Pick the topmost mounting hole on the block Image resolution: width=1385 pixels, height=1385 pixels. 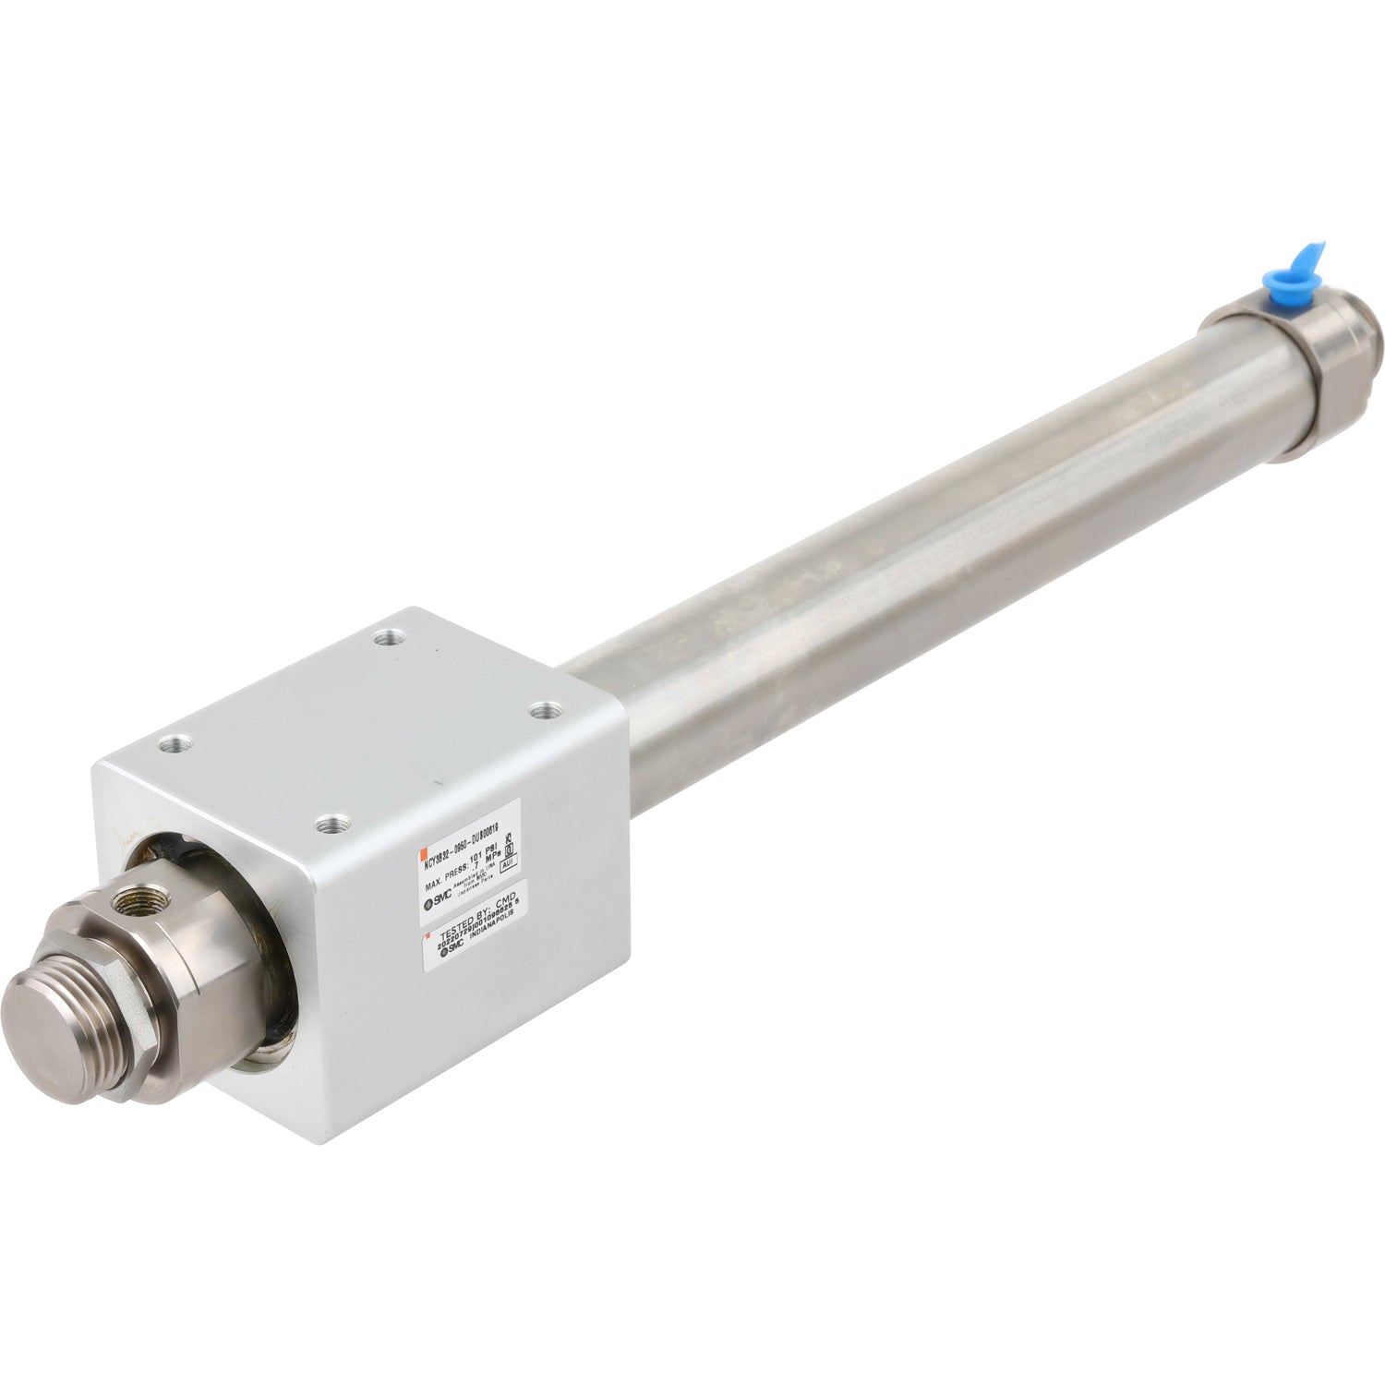click(x=384, y=635)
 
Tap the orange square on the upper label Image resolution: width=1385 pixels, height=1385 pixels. click(x=421, y=851)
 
